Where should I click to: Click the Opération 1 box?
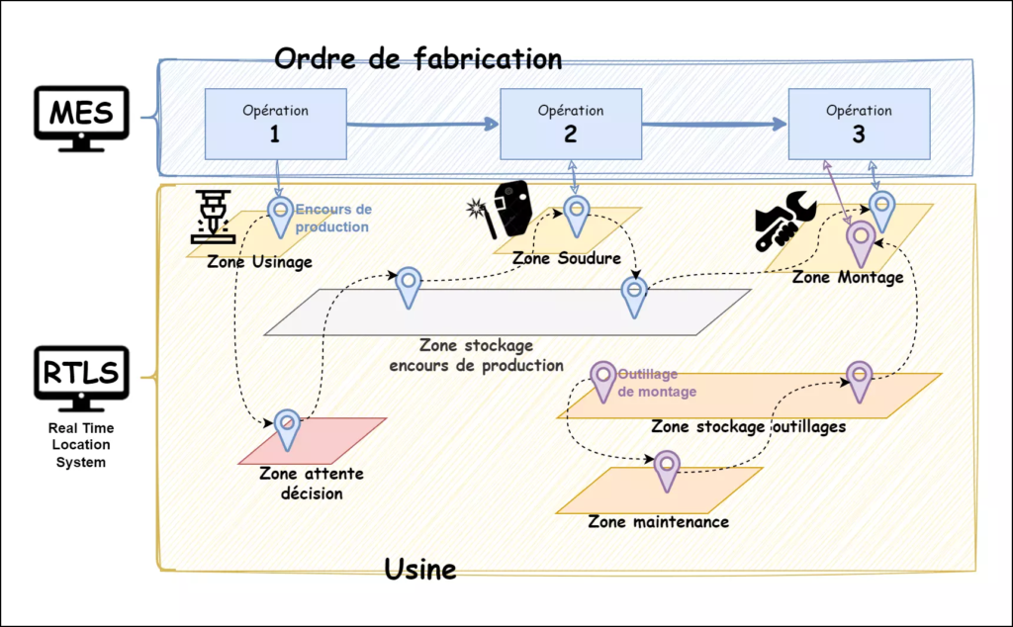click(275, 124)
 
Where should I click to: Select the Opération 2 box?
click(571, 124)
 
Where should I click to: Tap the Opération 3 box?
click(859, 124)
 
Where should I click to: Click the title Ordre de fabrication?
click(417, 58)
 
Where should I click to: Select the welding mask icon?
click(508, 209)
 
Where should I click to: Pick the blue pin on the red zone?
click(286, 428)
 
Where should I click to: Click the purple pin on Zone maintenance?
click(668, 469)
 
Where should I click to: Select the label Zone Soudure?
click(566, 259)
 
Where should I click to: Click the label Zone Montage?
click(848, 278)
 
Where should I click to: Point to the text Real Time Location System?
click(81, 445)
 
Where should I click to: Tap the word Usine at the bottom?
click(419, 570)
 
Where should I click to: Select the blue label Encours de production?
click(333, 218)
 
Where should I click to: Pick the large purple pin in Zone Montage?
click(859, 241)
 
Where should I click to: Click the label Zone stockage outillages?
click(748, 427)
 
